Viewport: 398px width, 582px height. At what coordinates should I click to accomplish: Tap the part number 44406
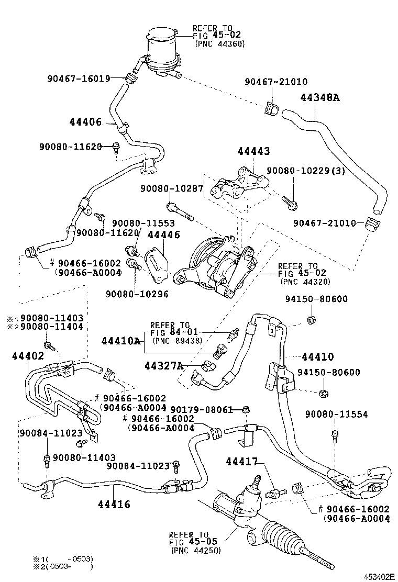(85, 122)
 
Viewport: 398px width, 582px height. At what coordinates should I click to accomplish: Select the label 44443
(253, 152)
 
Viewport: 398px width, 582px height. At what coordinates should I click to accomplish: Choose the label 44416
(114, 505)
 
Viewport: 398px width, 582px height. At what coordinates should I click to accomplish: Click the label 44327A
(164, 365)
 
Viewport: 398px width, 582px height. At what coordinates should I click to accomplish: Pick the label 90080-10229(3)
(306, 171)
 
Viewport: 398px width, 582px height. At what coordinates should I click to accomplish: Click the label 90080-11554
(336, 414)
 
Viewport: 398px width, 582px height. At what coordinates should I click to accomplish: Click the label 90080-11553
(136, 222)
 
